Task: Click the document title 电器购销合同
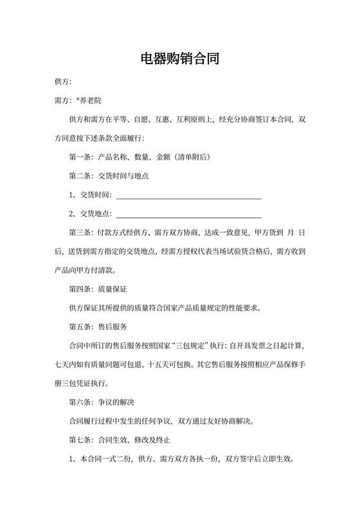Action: click(x=180, y=60)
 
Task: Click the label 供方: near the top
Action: click(x=63, y=82)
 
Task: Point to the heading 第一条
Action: click(x=80, y=157)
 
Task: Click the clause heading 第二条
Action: click(x=80, y=175)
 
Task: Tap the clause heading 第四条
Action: click(x=80, y=289)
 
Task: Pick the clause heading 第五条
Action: click(x=80, y=326)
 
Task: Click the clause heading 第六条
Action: click(x=80, y=402)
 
